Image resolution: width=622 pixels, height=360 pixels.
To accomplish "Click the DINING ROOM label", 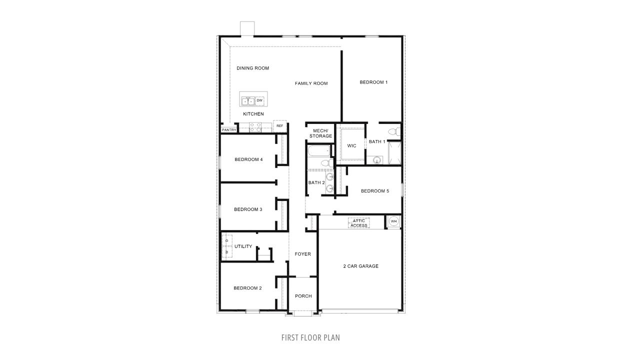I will [x=253, y=68].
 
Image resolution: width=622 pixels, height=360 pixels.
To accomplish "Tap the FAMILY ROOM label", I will [x=311, y=83].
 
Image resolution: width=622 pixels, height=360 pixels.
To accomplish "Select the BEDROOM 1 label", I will [x=373, y=82].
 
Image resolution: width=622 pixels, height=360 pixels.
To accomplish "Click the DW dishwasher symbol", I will [x=259, y=100].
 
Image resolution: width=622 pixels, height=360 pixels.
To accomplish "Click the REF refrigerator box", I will [x=280, y=126].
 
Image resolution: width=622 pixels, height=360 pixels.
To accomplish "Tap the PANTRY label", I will [x=229, y=130].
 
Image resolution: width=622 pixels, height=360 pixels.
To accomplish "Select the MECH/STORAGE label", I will [x=320, y=133].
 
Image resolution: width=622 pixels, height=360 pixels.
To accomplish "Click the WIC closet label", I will [x=351, y=145].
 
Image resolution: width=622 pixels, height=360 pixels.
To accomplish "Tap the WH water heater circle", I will [x=393, y=221].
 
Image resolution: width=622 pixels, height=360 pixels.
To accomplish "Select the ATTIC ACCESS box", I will [x=359, y=223].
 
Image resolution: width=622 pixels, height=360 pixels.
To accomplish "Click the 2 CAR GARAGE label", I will [x=360, y=266].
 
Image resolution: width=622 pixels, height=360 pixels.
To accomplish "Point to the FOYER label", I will [x=302, y=254].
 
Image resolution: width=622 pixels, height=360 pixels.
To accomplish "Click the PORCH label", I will [x=303, y=296].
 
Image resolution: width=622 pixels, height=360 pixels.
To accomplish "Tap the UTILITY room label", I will [x=243, y=246].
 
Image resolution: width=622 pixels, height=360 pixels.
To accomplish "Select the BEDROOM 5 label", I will [x=374, y=190].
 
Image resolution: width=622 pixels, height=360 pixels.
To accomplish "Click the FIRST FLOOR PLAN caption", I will [x=310, y=337].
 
